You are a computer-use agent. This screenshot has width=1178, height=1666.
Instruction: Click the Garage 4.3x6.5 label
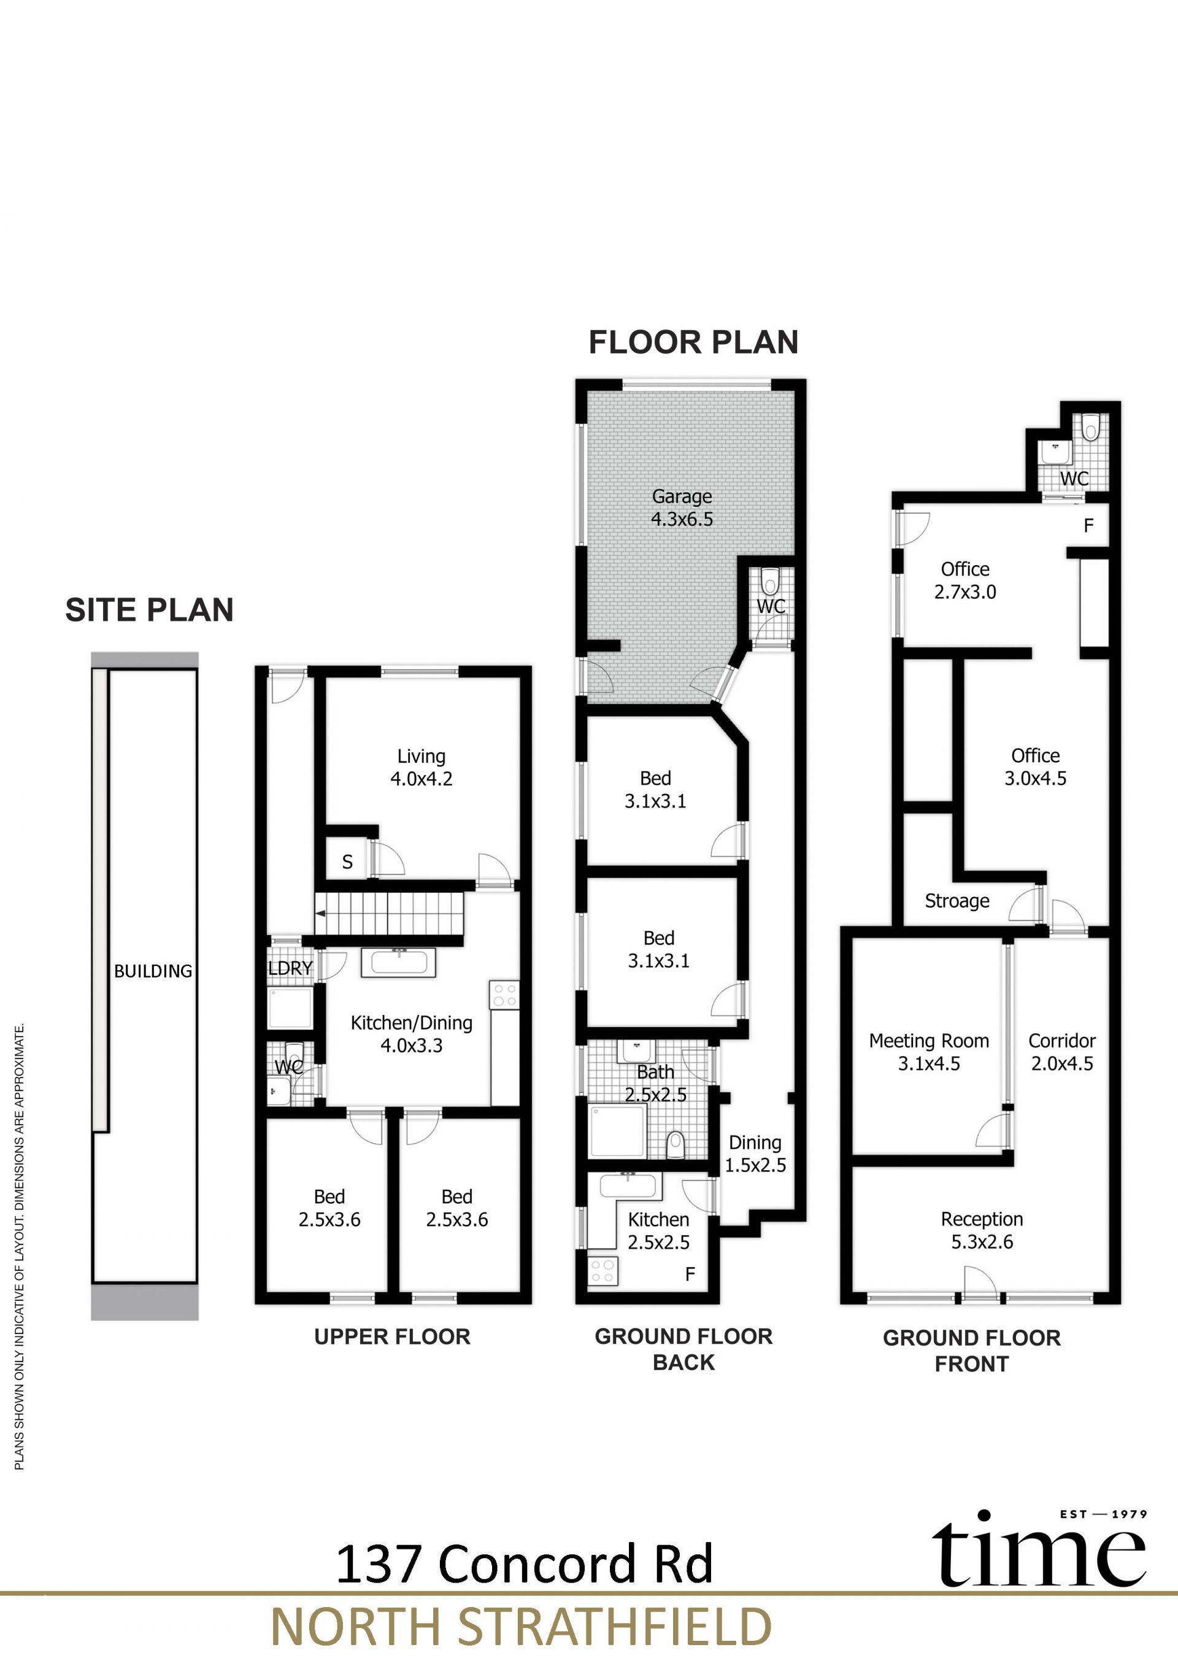(x=682, y=508)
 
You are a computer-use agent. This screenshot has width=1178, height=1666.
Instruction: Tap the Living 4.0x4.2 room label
(x=422, y=768)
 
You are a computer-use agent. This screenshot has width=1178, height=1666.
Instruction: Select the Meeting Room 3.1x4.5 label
(x=929, y=1052)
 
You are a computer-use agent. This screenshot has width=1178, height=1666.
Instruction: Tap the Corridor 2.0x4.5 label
(x=1062, y=1052)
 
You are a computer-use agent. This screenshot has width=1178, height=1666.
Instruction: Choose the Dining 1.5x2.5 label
(x=755, y=1154)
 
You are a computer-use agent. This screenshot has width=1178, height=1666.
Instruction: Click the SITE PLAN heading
(x=150, y=610)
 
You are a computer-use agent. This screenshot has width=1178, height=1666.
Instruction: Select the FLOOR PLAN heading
(x=693, y=342)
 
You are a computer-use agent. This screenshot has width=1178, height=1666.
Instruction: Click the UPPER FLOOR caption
(x=393, y=1336)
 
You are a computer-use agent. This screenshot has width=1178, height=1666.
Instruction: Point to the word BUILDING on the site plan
(x=153, y=971)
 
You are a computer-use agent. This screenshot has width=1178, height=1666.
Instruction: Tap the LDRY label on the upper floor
(x=290, y=968)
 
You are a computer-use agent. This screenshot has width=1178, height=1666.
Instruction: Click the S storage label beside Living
(x=347, y=862)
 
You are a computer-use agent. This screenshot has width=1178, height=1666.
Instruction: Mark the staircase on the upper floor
(x=390, y=914)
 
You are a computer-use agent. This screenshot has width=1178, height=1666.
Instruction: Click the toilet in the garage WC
(x=769, y=581)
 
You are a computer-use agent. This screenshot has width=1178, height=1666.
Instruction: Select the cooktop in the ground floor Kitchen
(x=602, y=1271)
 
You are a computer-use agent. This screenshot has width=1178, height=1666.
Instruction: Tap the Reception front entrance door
(x=980, y=1284)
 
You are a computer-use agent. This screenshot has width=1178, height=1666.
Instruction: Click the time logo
(x=1039, y=1548)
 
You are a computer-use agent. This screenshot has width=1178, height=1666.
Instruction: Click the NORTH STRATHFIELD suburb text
(x=521, y=1627)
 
